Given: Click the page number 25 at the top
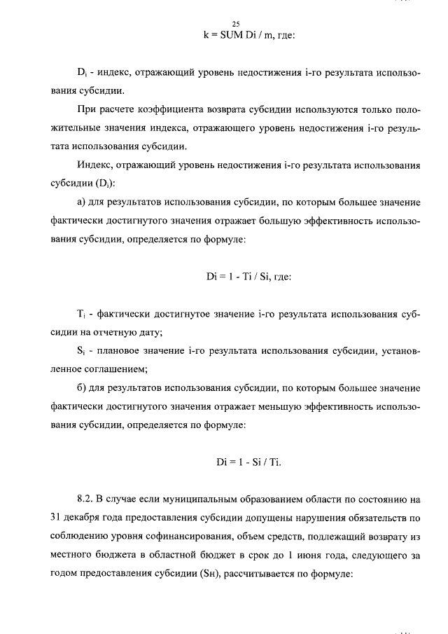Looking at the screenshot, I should [x=225, y=23].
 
